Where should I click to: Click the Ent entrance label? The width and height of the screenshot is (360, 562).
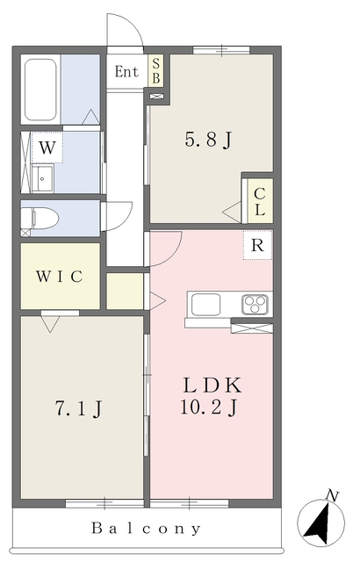click(126, 72)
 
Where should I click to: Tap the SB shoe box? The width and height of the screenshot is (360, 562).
click(155, 70)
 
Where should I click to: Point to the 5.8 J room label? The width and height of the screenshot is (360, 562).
click(208, 139)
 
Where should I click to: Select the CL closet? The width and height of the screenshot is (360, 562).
click(260, 201)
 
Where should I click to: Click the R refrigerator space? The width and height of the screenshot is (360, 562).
click(257, 245)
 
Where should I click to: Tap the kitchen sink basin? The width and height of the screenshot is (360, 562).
click(205, 305)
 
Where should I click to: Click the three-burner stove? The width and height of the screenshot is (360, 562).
click(255, 305)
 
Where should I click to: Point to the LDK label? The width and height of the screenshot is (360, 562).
click(212, 385)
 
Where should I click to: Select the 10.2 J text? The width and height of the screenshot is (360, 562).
click(208, 407)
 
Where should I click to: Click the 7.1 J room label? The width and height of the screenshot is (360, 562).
click(78, 408)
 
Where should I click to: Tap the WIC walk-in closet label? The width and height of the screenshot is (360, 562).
click(60, 276)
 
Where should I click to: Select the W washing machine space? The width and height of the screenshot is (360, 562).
click(47, 148)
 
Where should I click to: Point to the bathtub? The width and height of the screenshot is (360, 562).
click(40, 90)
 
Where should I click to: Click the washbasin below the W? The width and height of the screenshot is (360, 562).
click(43, 178)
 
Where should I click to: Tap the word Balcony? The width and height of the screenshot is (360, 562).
click(146, 528)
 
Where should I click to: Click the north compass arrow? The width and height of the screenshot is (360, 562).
click(320, 522)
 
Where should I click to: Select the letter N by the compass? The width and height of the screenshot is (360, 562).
click(332, 496)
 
